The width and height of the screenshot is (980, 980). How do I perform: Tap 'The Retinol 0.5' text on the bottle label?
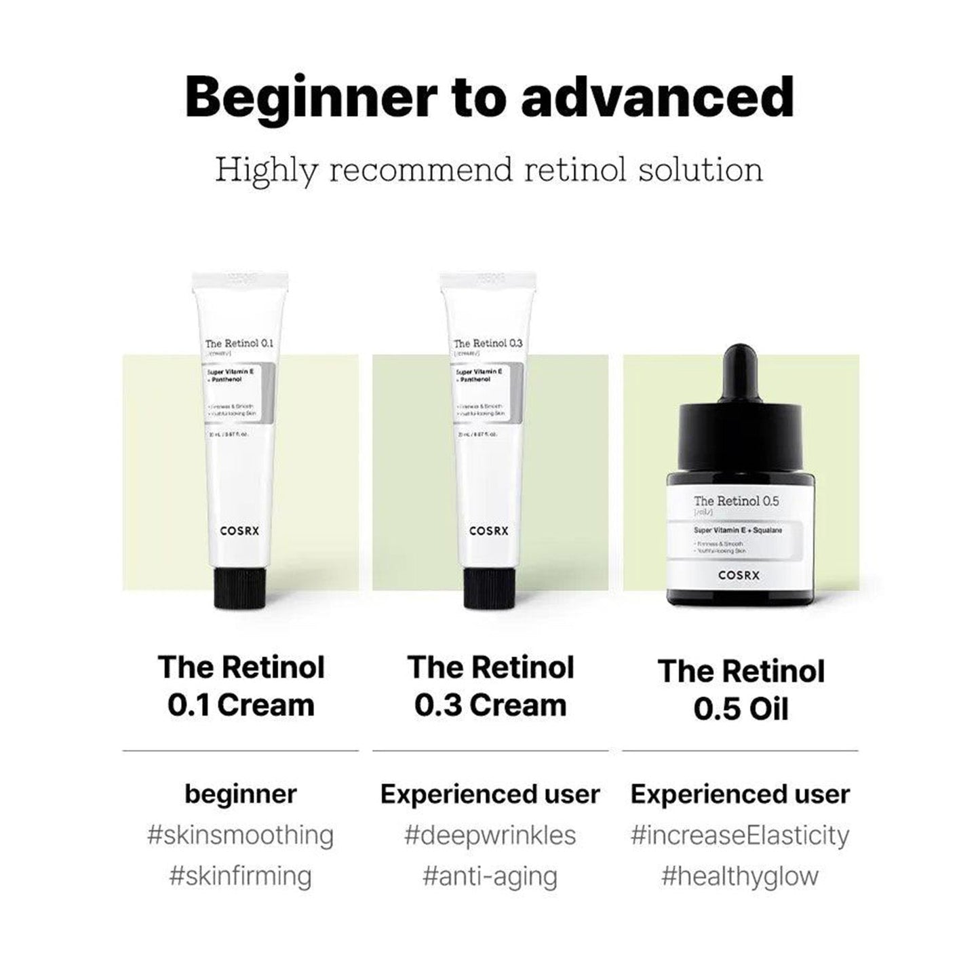pos(726,501)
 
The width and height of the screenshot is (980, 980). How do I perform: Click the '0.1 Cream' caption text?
pos(241,705)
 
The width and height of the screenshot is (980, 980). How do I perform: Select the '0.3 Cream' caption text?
pos(490,705)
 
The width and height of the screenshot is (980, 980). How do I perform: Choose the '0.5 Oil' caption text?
pos(741,709)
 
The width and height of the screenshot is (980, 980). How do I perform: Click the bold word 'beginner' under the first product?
pos(241,794)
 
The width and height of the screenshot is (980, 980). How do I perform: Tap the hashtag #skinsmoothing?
pos(241,835)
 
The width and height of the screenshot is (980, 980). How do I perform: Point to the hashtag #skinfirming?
pos(241,876)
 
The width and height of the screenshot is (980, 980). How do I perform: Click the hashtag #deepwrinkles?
pos(490,835)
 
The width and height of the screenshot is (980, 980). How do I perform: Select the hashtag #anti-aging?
pos(490,876)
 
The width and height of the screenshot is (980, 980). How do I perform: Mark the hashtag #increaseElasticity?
pos(740,835)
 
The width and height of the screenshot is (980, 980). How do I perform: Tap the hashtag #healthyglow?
pos(740,876)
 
